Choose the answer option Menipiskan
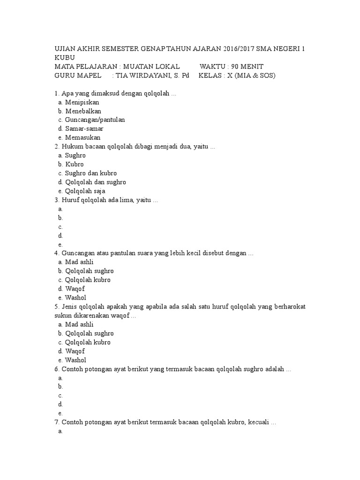(82, 102)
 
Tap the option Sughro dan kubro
(91, 173)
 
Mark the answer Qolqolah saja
(85, 191)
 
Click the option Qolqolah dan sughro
(96, 182)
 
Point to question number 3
(57, 200)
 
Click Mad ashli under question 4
(80, 262)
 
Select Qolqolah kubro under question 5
(88, 343)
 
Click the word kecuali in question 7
(258, 423)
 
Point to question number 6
(57, 369)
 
